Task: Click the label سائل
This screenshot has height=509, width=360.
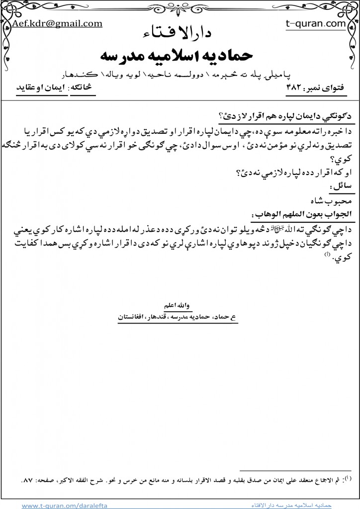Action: [343, 185]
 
